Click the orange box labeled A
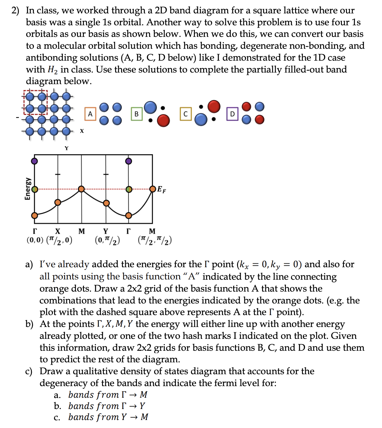[90, 114]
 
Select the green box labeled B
[137, 114]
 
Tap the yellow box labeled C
[185, 114]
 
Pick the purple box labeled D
[232, 114]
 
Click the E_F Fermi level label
[162, 189]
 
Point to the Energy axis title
[27, 189]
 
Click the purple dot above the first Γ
[35, 161]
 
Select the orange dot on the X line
[58, 202]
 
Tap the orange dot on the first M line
[81, 189]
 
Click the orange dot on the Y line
[106, 203]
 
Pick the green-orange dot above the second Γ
[129, 189]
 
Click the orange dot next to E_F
[153, 189]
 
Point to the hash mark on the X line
[58, 174]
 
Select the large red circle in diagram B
[163, 120]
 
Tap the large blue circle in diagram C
[201, 119]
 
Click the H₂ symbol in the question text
[52, 70]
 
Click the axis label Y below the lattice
[67, 148]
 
